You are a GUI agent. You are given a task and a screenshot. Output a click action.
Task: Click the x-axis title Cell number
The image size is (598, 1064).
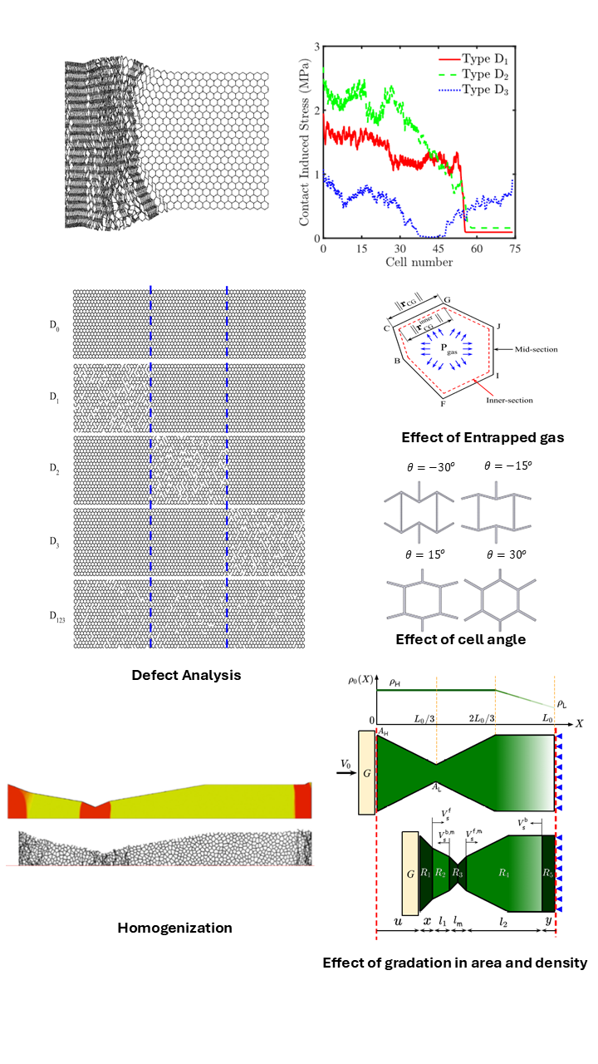point(419,262)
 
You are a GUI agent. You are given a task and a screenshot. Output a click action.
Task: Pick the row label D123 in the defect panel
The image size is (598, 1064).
point(56,616)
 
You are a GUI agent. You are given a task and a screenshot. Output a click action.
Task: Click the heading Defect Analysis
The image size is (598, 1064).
point(186,675)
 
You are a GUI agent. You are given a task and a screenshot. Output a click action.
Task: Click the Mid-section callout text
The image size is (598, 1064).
point(532,350)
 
